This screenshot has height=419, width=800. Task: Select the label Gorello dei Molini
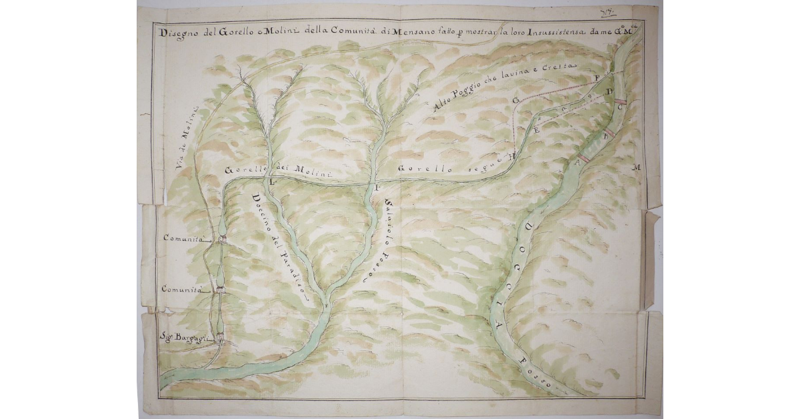(x=279, y=170)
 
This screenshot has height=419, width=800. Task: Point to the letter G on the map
(x=515, y=99)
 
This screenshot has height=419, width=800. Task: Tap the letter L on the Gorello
(x=271, y=181)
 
